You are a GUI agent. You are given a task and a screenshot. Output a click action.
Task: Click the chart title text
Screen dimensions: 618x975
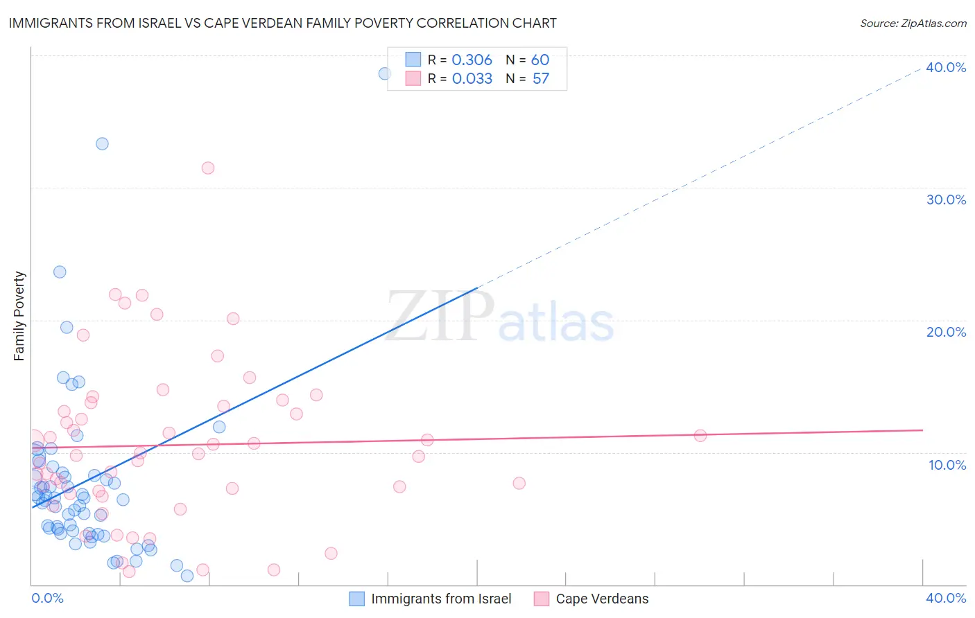pos(282,23)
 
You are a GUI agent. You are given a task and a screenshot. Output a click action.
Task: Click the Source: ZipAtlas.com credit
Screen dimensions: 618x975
pos(913,24)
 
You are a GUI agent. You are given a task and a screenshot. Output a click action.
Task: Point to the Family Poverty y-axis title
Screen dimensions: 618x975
pos(19,316)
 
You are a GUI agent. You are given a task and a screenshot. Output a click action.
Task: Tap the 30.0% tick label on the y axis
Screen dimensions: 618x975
pos(946,200)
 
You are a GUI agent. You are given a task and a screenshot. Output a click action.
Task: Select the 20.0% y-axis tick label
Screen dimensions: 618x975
pos(946,332)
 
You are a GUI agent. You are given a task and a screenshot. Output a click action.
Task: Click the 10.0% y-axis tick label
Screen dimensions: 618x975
pos(947,465)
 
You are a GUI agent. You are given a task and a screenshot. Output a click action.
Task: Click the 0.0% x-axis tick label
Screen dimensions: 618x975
pos(47,598)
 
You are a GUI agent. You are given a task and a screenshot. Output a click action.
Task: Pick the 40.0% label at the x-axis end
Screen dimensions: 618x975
pos(946,598)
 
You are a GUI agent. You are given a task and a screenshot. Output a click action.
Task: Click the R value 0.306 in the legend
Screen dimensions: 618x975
pos(472,60)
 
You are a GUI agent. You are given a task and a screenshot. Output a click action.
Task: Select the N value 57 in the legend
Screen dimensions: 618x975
pos(541,79)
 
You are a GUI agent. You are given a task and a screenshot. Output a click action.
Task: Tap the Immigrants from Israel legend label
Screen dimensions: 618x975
pos(441,599)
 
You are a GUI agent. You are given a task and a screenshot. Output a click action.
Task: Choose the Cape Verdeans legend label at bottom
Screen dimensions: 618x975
pos(602,599)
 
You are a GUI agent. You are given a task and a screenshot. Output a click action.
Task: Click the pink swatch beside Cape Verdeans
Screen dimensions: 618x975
pos(542,599)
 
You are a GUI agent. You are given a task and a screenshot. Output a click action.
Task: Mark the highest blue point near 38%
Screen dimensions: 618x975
pos(384,73)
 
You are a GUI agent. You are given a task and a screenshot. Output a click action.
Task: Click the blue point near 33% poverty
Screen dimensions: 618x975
pos(102,144)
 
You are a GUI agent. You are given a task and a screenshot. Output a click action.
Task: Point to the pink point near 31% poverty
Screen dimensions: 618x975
pos(208,168)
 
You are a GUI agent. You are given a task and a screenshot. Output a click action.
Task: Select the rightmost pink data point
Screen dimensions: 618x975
pos(700,436)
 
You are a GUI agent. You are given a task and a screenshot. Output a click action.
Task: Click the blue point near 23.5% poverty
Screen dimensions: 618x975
pos(60,272)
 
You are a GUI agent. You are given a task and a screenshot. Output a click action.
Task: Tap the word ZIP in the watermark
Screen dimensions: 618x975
pos(440,316)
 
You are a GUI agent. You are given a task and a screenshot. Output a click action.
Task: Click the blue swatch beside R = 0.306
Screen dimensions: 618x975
pos(413,60)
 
